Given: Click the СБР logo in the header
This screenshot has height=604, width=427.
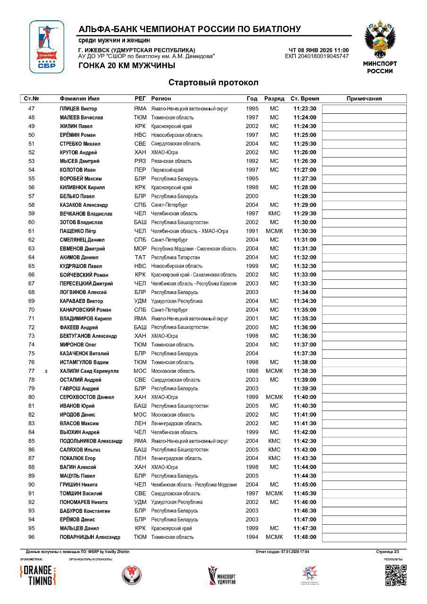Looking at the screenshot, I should point(47,47).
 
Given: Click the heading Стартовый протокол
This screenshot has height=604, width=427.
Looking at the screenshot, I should point(213,83).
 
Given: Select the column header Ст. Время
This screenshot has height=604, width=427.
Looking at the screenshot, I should point(304,99).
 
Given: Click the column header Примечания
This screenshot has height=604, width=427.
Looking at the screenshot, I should point(364,99).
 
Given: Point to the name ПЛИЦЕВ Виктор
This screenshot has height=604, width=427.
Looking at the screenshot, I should point(78,109).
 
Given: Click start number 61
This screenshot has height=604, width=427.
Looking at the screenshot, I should point(32,231).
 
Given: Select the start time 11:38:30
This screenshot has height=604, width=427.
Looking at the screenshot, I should point(304,371).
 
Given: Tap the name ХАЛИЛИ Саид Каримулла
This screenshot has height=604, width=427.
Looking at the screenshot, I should point(89,371).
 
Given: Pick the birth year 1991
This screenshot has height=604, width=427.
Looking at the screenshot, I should point(252,231).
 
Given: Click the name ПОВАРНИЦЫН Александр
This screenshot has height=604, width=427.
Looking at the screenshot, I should point(90,537).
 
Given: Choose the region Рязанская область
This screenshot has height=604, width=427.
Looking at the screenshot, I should point(171,161).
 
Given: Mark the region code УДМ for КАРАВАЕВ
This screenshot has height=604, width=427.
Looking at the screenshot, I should point(140,301).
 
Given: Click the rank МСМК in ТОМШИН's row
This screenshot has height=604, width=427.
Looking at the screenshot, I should point(274,494).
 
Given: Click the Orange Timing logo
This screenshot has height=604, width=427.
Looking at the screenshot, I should point(38,575).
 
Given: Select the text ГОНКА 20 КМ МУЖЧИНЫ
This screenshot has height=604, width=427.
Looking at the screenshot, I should point(127,66).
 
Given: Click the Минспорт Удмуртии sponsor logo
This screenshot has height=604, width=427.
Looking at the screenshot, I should point(222,575).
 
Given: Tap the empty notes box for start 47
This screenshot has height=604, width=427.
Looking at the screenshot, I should point(364,109).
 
